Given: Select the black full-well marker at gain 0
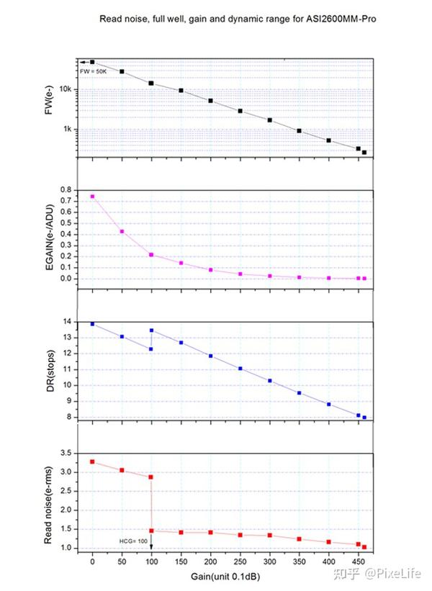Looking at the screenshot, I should point(92,62).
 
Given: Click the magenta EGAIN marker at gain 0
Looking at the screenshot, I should point(92,197).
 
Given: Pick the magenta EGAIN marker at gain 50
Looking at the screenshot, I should point(122,231).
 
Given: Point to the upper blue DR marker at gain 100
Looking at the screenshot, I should point(151,330).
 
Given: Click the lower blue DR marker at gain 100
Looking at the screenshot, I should point(151,349).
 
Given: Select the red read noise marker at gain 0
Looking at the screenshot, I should point(92,461).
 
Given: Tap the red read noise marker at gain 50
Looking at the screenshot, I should point(122,470).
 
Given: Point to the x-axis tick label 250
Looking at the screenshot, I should point(240,560).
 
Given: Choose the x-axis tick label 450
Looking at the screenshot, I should point(358,560).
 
